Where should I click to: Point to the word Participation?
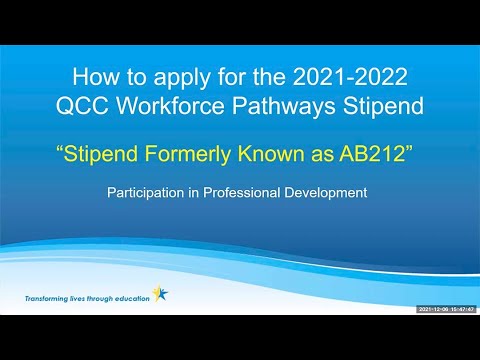(147, 191)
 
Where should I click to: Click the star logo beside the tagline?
(161, 294)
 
